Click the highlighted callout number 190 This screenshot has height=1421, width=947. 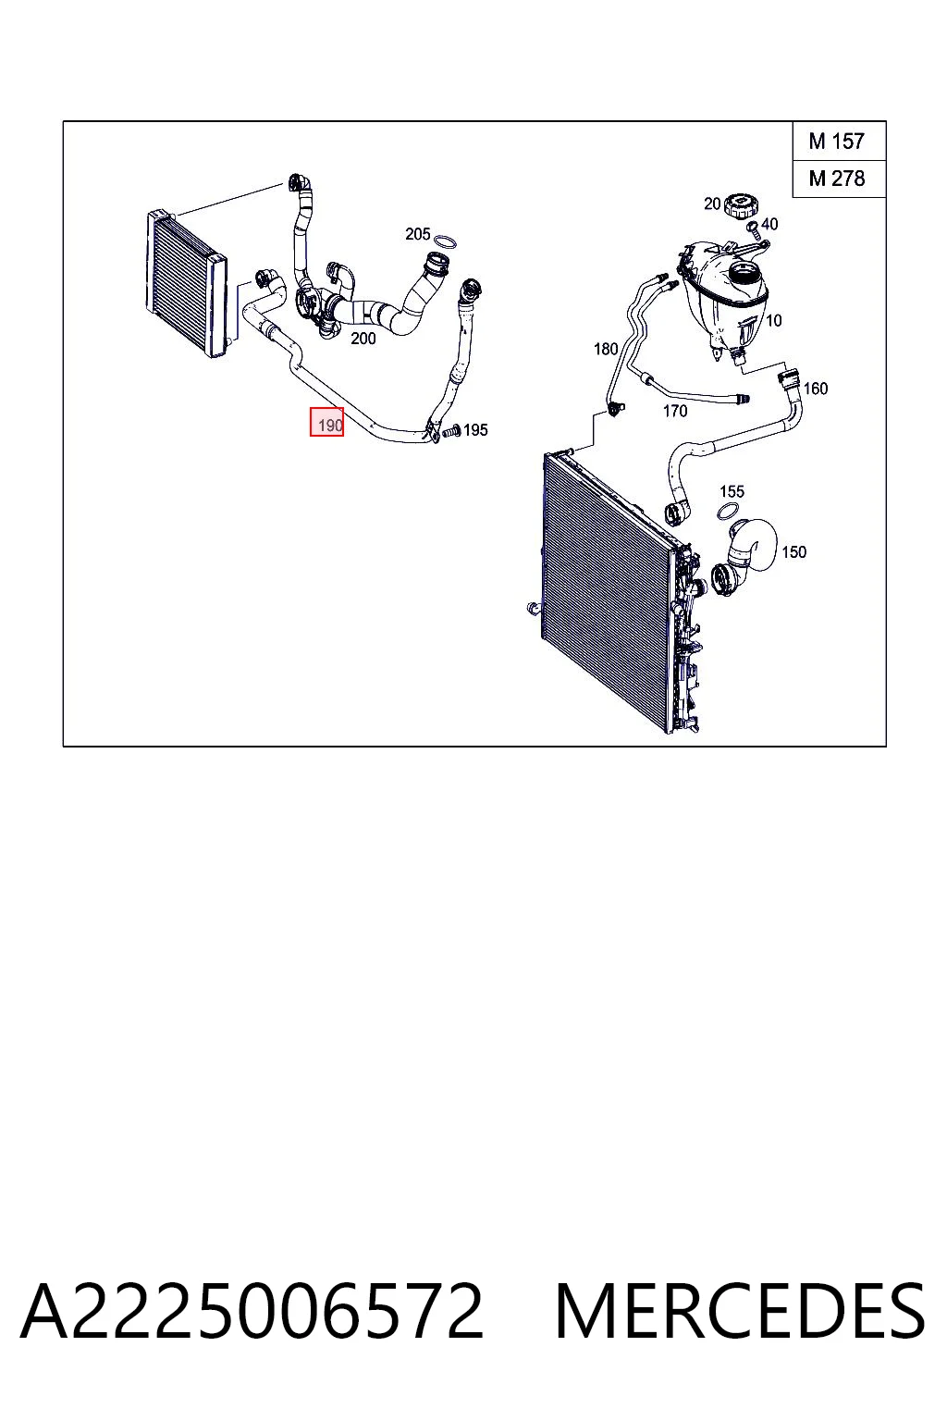(x=326, y=422)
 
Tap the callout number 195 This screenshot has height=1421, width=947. (x=475, y=430)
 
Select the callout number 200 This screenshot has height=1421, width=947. (x=363, y=339)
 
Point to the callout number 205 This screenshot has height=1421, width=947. (x=417, y=234)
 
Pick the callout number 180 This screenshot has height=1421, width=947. (x=605, y=349)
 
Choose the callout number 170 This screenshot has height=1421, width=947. (x=675, y=411)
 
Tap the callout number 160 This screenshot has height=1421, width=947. (x=815, y=389)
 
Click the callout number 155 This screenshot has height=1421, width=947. (x=732, y=491)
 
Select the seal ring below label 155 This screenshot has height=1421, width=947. (x=729, y=511)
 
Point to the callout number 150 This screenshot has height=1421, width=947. (x=793, y=552)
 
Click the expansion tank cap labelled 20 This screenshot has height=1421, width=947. (x=741, y=207)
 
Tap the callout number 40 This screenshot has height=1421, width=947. (x=769, y=224)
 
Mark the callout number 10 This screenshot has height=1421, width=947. (x=773, y=320)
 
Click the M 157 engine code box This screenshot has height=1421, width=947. (x=839, y=141)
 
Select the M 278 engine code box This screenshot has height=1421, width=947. (x=839, y=179)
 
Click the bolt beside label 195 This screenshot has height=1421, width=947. (x=451, y=432)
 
